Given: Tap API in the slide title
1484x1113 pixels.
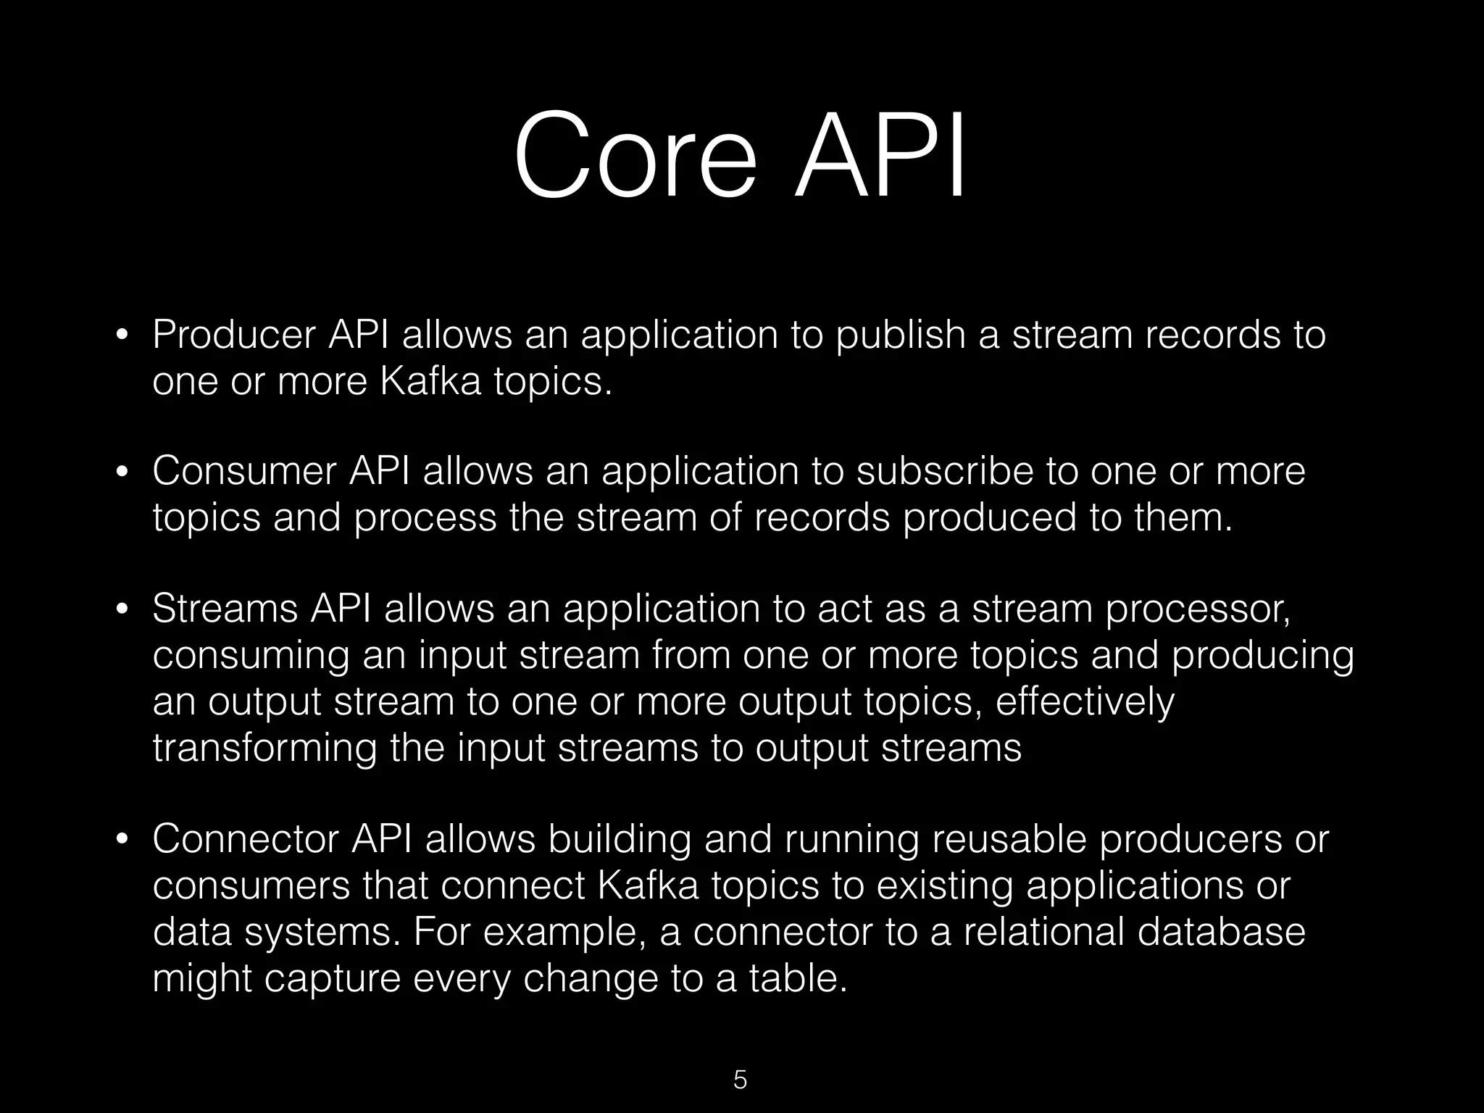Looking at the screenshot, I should point(880,155).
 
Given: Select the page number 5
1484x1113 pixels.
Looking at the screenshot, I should point(740,1079).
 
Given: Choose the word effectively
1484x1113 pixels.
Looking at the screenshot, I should point(1085,703).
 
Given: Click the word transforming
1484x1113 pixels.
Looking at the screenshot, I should point(264,749).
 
